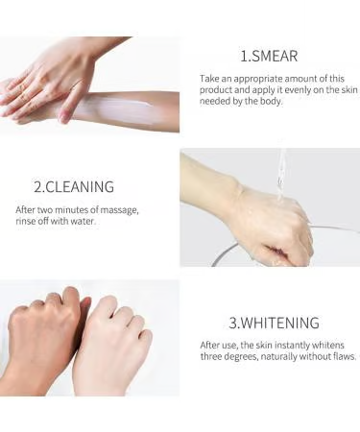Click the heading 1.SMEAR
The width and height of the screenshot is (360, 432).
click(269, 56)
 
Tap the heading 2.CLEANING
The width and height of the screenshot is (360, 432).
click(74, 187)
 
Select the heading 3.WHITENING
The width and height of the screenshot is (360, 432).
click(274, 323)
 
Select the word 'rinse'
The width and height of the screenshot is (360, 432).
click(24, 221)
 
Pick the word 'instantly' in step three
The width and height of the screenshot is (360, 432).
click(292, 346)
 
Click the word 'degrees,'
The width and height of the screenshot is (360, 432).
click(241, 356)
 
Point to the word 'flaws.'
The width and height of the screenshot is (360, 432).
click(345, 356)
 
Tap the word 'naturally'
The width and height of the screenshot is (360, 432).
click(279, 356)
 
